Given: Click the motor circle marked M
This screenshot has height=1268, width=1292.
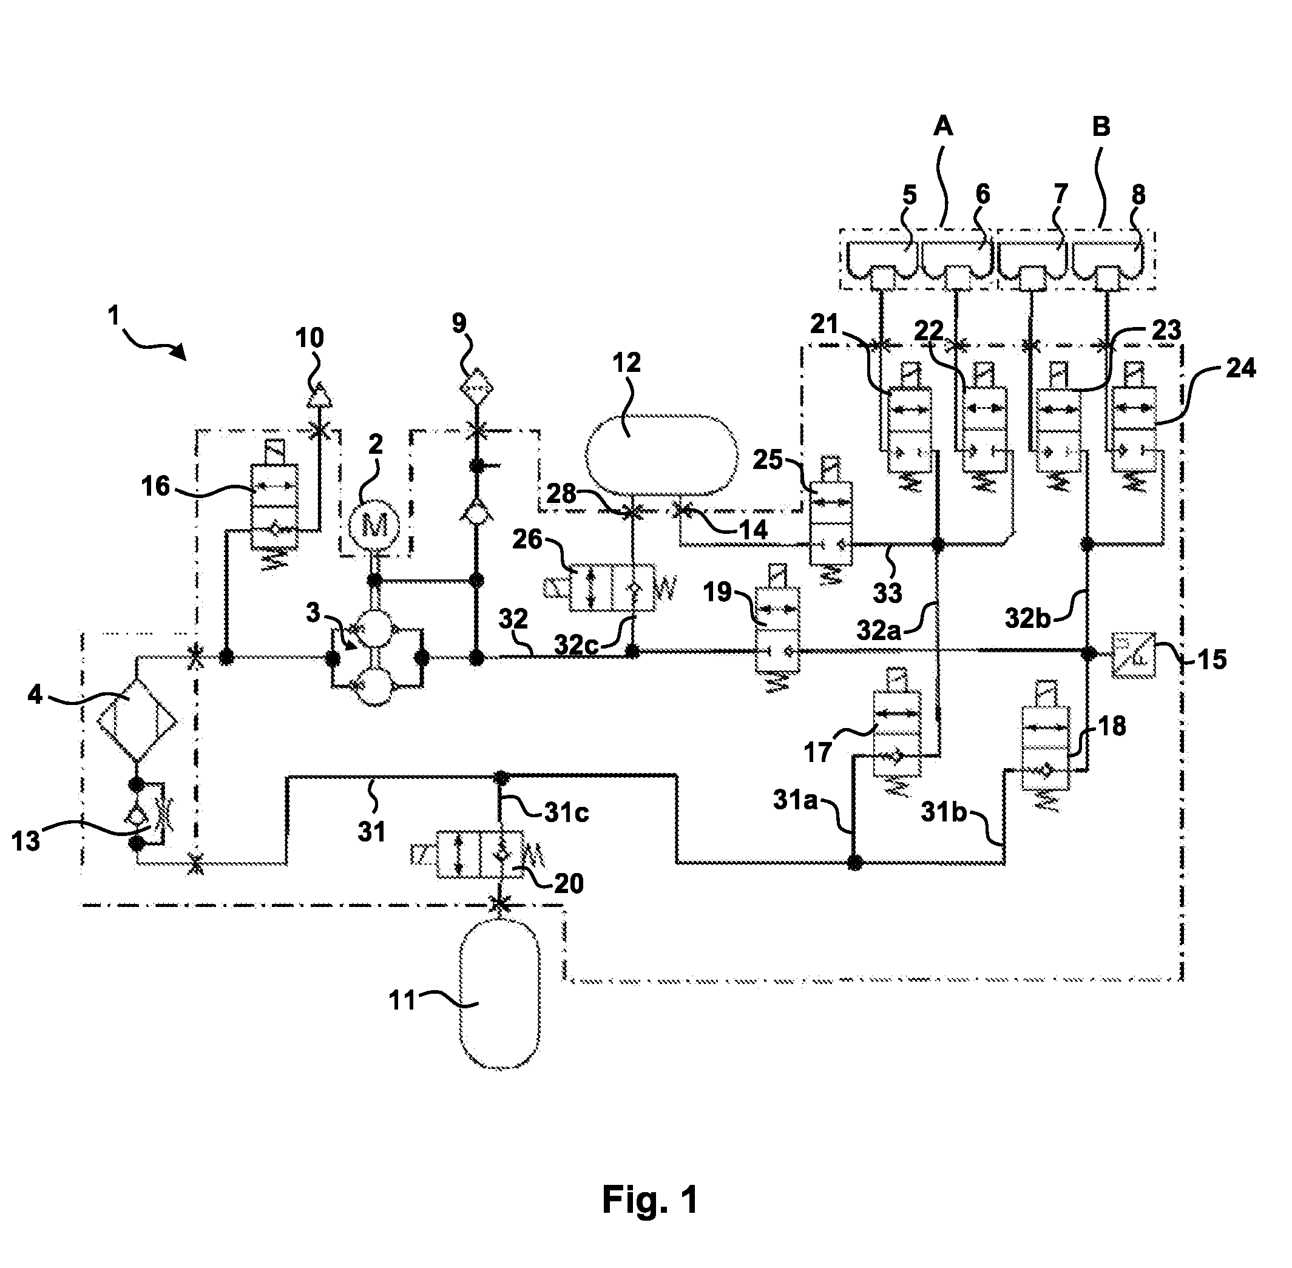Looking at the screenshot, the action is tap(375, 525).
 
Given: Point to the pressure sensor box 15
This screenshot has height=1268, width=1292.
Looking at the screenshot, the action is tap(1134, 655).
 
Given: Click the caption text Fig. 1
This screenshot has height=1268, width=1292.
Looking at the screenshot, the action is tap(650, 1199).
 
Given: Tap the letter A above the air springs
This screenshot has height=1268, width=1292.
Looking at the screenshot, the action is tap(943, 126).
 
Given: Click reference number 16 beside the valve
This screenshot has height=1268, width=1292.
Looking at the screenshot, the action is tap(156, 486).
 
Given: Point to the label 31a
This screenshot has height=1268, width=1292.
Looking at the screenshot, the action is tap(795, 800).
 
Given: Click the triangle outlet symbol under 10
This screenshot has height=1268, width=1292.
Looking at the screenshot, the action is tap(319, 396).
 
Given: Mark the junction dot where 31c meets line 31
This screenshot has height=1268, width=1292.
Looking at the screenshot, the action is tap(501, 777).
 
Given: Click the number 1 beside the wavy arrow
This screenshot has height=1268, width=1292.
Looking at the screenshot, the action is tap(114, 315).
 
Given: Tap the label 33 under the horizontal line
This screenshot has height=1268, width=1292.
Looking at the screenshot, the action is tap(887, 592).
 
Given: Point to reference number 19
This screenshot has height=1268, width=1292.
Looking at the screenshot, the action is tap(718, 592).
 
